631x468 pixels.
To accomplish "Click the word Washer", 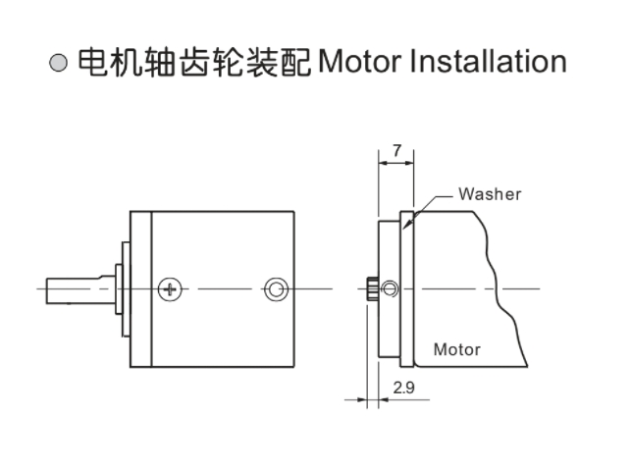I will click(x=490, y=193).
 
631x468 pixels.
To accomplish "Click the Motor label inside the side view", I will click(x=456, y=349).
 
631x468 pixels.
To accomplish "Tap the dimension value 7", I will click(x=396, y=150).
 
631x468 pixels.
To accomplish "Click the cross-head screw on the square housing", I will click(x=171, y=288).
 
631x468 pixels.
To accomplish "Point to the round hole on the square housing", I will click(x=277, y=288).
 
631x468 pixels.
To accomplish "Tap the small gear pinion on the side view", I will click(x=373, y=288).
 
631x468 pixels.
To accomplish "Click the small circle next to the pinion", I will click(x=390, y=288).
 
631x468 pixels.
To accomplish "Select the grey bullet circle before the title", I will click(x=58, y=64).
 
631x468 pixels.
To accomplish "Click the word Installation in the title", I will click(x=487, y=62).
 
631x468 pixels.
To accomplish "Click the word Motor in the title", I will click(x=357, y=62).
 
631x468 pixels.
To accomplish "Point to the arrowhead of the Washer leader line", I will click(x=415, y=212).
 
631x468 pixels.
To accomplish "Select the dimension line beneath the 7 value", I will click(x=396, y=165).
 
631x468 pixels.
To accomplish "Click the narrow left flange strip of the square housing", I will click(x=140, y=288).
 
